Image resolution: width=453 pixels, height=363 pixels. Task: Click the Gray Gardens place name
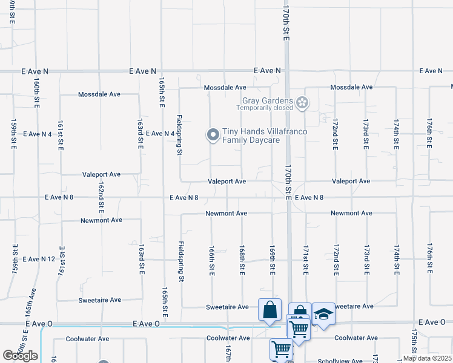pyautogui.click(x=268, y=100)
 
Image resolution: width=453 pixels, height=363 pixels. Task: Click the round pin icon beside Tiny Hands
pyautogui.click(x=213, y=136)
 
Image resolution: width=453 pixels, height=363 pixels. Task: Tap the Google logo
pyautogui.click(x=20, y=356)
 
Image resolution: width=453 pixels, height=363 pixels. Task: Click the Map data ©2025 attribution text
pyautogui.click(x=427, y=358)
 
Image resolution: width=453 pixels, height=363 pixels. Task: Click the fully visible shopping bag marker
pyautogui.click(x=269, y=310)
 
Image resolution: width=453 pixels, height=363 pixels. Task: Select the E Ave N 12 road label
pyautogui.click(x=39, y=259)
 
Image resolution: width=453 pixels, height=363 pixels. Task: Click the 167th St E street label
pyautogui.click(x=228, y=355)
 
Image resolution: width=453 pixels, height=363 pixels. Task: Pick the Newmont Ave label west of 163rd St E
pyautogui.click(x=101, y=221)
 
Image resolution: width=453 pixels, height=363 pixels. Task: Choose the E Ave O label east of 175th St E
pyautogui.click(x=431, y=322)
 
